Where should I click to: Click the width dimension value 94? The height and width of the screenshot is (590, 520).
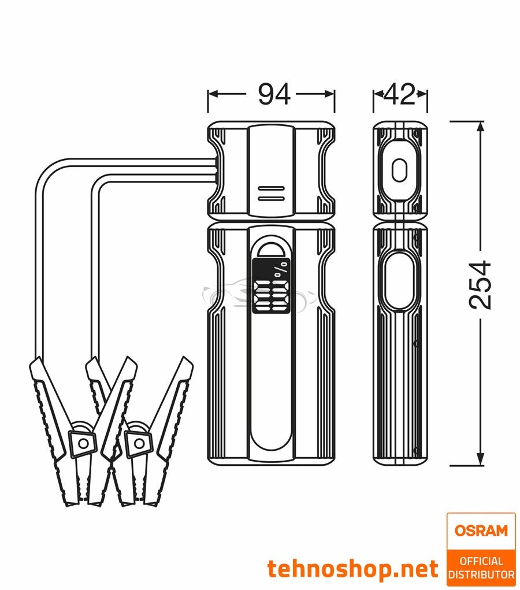coord(274,94)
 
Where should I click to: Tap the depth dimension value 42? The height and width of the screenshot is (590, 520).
coord(400,94)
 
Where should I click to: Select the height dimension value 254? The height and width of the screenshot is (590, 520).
coord(479,285)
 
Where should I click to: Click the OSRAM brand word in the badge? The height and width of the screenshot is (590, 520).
coord(481,530)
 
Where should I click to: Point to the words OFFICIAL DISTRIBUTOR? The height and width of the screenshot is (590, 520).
coord(481,567)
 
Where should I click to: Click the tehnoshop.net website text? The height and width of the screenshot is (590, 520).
coord(353,569)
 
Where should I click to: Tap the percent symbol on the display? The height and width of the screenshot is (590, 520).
coord(281,270)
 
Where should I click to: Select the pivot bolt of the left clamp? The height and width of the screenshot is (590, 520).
coord(84,443)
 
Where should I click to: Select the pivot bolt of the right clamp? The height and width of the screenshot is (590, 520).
coord(138,443)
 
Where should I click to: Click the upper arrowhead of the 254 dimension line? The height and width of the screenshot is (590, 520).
coord(479,127)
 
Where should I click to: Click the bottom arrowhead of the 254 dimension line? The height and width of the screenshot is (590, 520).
coord(479,461)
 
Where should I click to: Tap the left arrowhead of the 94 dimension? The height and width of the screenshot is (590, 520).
coord(211,94)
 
